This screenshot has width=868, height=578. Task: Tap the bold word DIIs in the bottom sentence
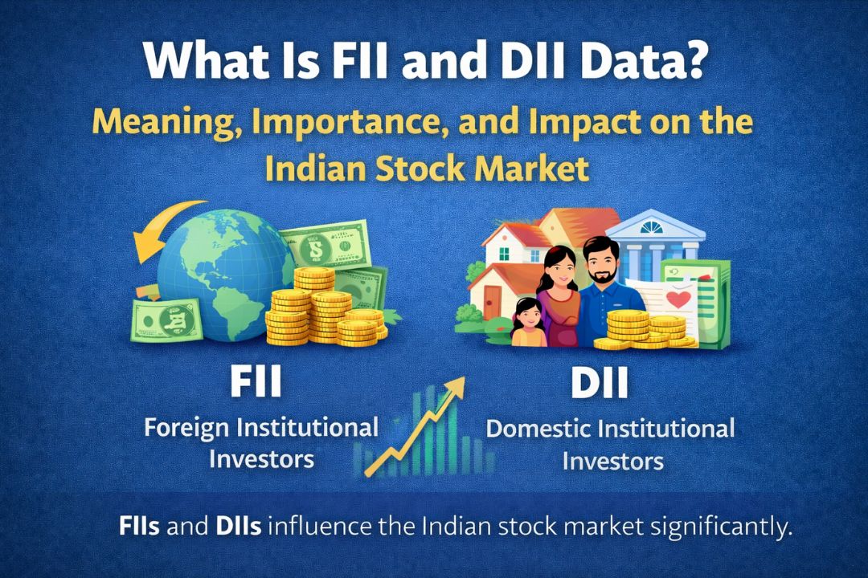(x=238, y=528)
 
